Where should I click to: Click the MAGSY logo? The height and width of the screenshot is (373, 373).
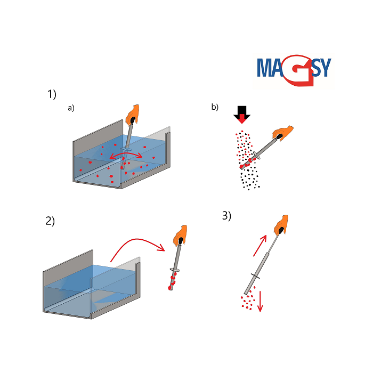click(294, 70)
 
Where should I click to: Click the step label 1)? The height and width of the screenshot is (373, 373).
click(52, 94)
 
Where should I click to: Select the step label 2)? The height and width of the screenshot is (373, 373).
click(50, 221)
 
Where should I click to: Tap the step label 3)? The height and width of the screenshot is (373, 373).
click(226, 215)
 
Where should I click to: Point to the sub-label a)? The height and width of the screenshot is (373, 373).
click(71, 108)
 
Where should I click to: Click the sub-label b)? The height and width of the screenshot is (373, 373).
click(215, 107)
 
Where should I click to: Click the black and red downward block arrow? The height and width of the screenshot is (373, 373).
click(242, 115)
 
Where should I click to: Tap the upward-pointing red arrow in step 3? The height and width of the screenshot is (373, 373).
click(260, 246)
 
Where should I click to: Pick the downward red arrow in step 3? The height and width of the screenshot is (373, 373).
click(260, 301)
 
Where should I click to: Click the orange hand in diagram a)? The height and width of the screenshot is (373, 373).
click(132, 115)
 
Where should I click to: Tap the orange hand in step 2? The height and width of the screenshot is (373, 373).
click(180, 236)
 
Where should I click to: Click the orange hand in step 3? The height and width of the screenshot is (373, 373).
click(281, 225)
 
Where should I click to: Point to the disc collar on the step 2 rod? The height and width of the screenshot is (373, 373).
click(175, 270)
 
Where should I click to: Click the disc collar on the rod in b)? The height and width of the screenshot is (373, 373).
click(257, 155)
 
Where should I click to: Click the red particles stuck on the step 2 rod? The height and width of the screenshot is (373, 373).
click(172, 281)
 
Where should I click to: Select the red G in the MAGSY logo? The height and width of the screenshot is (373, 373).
click(299, 70)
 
